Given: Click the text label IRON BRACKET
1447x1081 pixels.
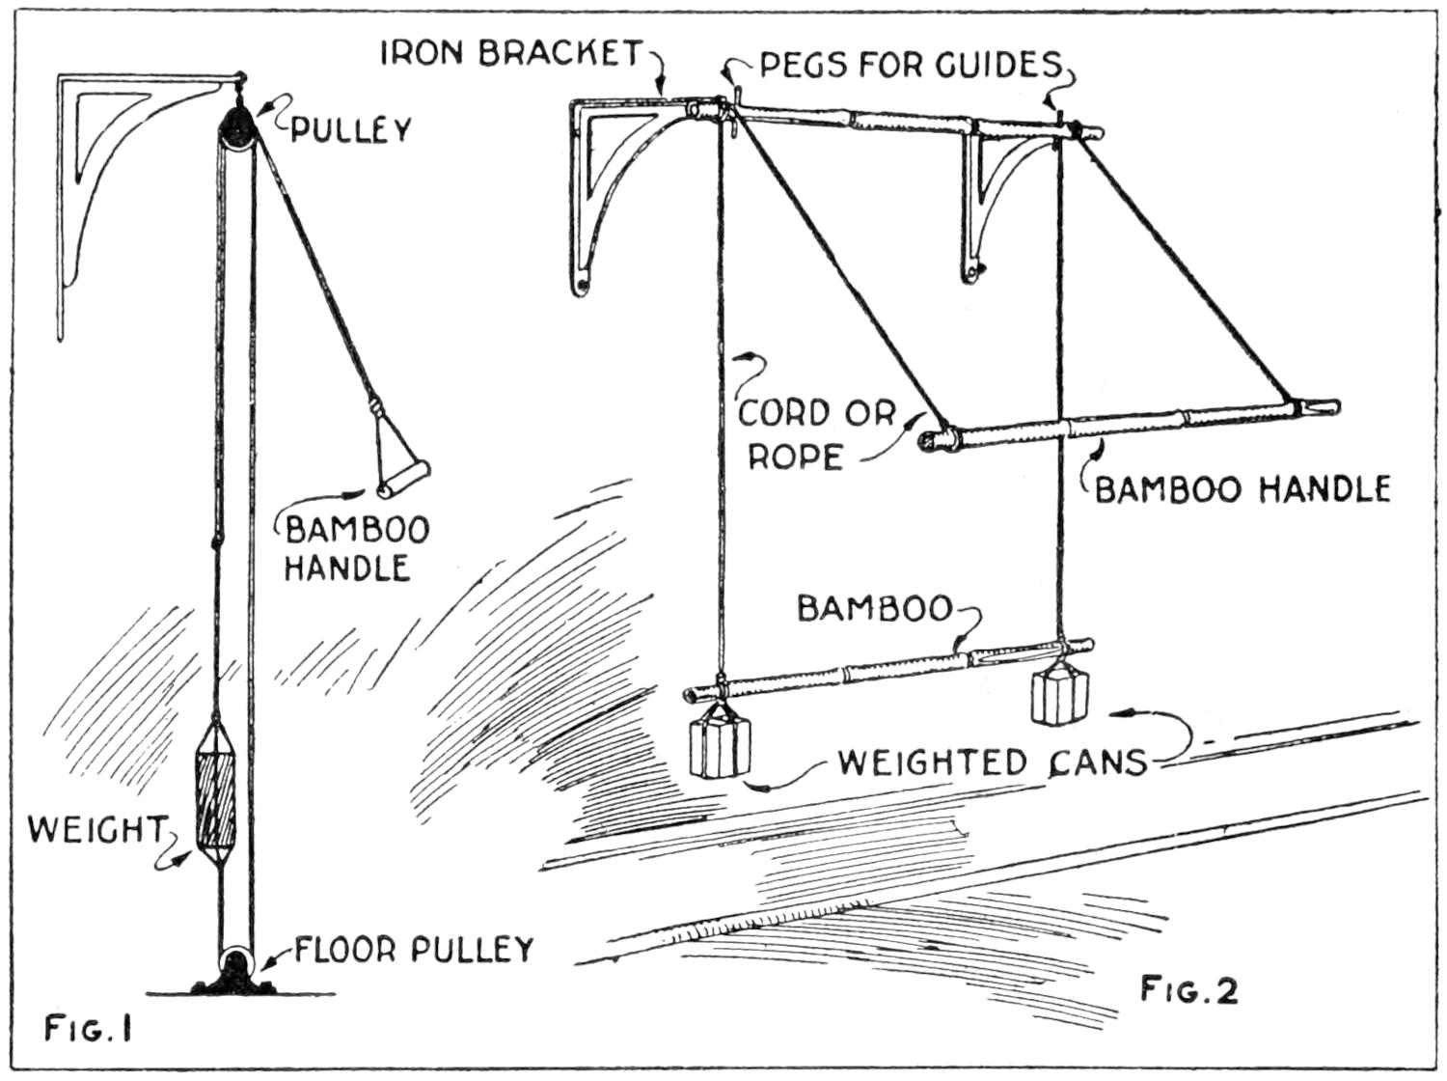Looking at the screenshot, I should click(511, 52).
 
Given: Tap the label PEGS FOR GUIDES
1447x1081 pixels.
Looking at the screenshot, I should click(910, 65).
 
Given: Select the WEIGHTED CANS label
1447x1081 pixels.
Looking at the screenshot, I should click(992, 762).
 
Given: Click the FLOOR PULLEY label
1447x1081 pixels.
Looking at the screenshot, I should click(414, 950).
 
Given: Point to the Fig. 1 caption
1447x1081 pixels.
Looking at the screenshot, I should click(87, 1030).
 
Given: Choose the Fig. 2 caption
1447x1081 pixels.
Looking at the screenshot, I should click(1188, 989).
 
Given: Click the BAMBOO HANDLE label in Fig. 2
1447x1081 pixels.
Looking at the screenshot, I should click(1242, 489).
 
